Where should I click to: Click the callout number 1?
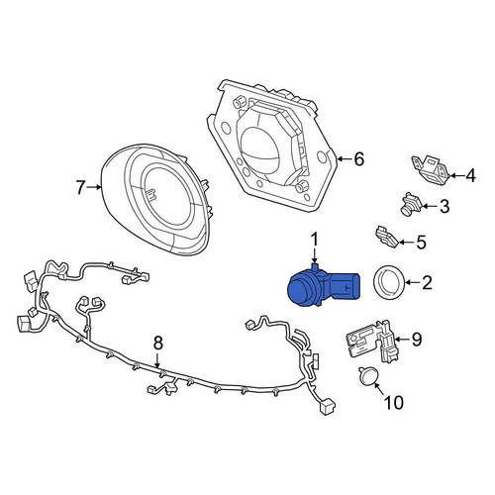tap(315, 240)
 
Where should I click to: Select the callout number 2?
tap(427, 284)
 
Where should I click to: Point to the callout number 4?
tap(470, 176)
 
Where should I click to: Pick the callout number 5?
tap(420, 241)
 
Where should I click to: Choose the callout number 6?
tap(358, 157)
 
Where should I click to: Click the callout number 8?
tap(156, 344)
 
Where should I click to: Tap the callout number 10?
tap(393, 403)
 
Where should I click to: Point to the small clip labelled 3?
tap(407, 205)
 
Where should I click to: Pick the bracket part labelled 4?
tap(427, 169)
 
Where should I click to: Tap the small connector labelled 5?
tap(384, 237)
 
